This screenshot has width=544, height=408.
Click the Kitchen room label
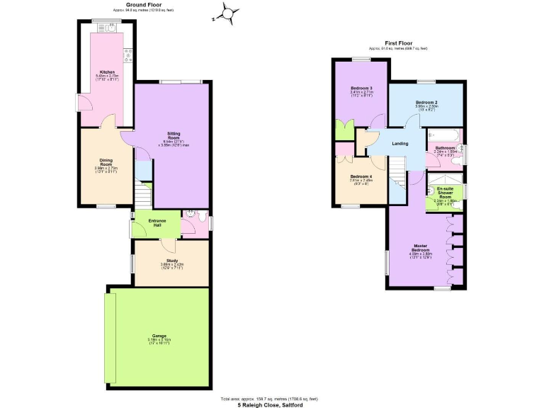point(108,72)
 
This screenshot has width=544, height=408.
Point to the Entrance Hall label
point(157,222)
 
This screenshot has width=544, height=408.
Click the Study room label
point(172,261)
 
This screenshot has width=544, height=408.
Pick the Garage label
point(159,336)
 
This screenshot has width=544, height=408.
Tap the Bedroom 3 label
point(361,88)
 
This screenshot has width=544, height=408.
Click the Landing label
point(400,144)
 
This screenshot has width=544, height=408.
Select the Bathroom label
point(445,147)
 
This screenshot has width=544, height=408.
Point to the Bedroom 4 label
point(361,176)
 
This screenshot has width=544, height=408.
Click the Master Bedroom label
point(423,249)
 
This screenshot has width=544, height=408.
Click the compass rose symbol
point(228,13)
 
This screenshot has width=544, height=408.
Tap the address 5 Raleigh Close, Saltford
point(269,404)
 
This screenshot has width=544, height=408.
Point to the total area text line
point(269,399)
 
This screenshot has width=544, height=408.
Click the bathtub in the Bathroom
point(444,135)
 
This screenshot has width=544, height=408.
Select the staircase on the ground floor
point(143,193)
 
